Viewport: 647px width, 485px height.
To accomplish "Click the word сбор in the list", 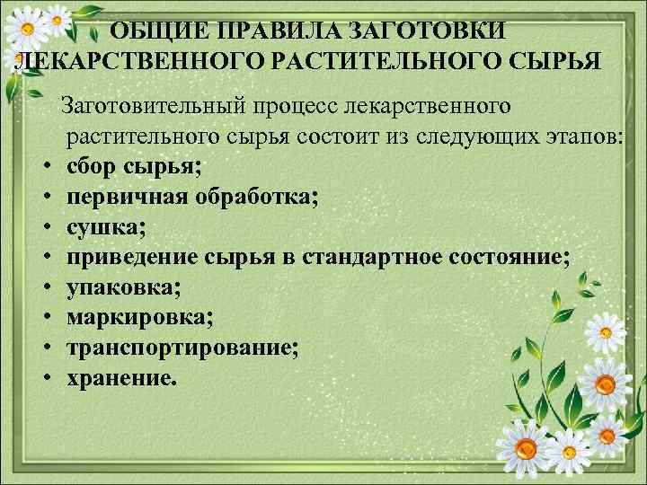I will tap(94, 167).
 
